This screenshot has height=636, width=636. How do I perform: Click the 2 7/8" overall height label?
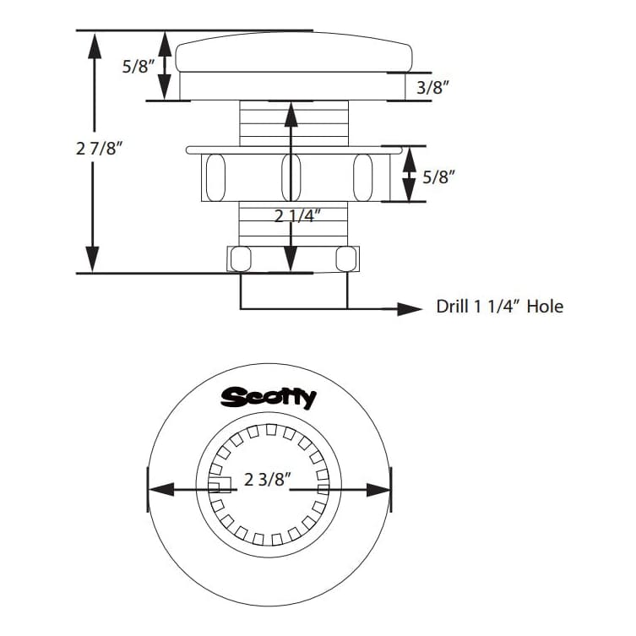coord(100,149)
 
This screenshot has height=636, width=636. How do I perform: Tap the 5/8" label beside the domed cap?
coord(139,66)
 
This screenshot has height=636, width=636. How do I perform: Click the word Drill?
coord(454,307)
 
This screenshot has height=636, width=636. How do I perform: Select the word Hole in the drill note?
coord(545,307)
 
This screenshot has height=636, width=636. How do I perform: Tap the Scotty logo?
coord(268,397)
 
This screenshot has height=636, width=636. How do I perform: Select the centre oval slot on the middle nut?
coord(290,176)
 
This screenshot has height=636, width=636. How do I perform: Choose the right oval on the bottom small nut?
coord(345,258)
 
